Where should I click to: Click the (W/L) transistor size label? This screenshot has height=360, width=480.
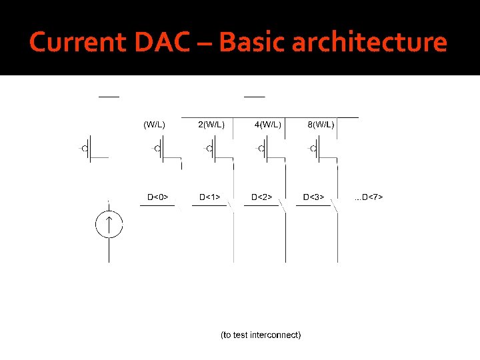pyautogui.click(x=155, y=124)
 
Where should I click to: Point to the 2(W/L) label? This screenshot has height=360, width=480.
pyautogui.click(x=211, y=124)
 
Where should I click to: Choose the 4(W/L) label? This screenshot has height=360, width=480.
pyautogui.click(x=268, y=124)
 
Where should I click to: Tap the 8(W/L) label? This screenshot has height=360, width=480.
pyautogui.click(x=321, y=124)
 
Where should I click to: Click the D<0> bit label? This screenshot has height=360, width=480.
pyautogui.click(x=157, y=197)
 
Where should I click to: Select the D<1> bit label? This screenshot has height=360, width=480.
pyautogui.click(x=210, y=197)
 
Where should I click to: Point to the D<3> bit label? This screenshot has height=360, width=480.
pyautogui.click(x=314, y=197)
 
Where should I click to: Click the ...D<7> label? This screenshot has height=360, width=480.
pyautogui.click(x=369, y=197)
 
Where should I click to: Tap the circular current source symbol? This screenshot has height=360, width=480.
pyautogui.click(x=109, y=225)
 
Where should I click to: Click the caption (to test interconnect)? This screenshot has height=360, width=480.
pyautogui.click(x=261, y=334)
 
